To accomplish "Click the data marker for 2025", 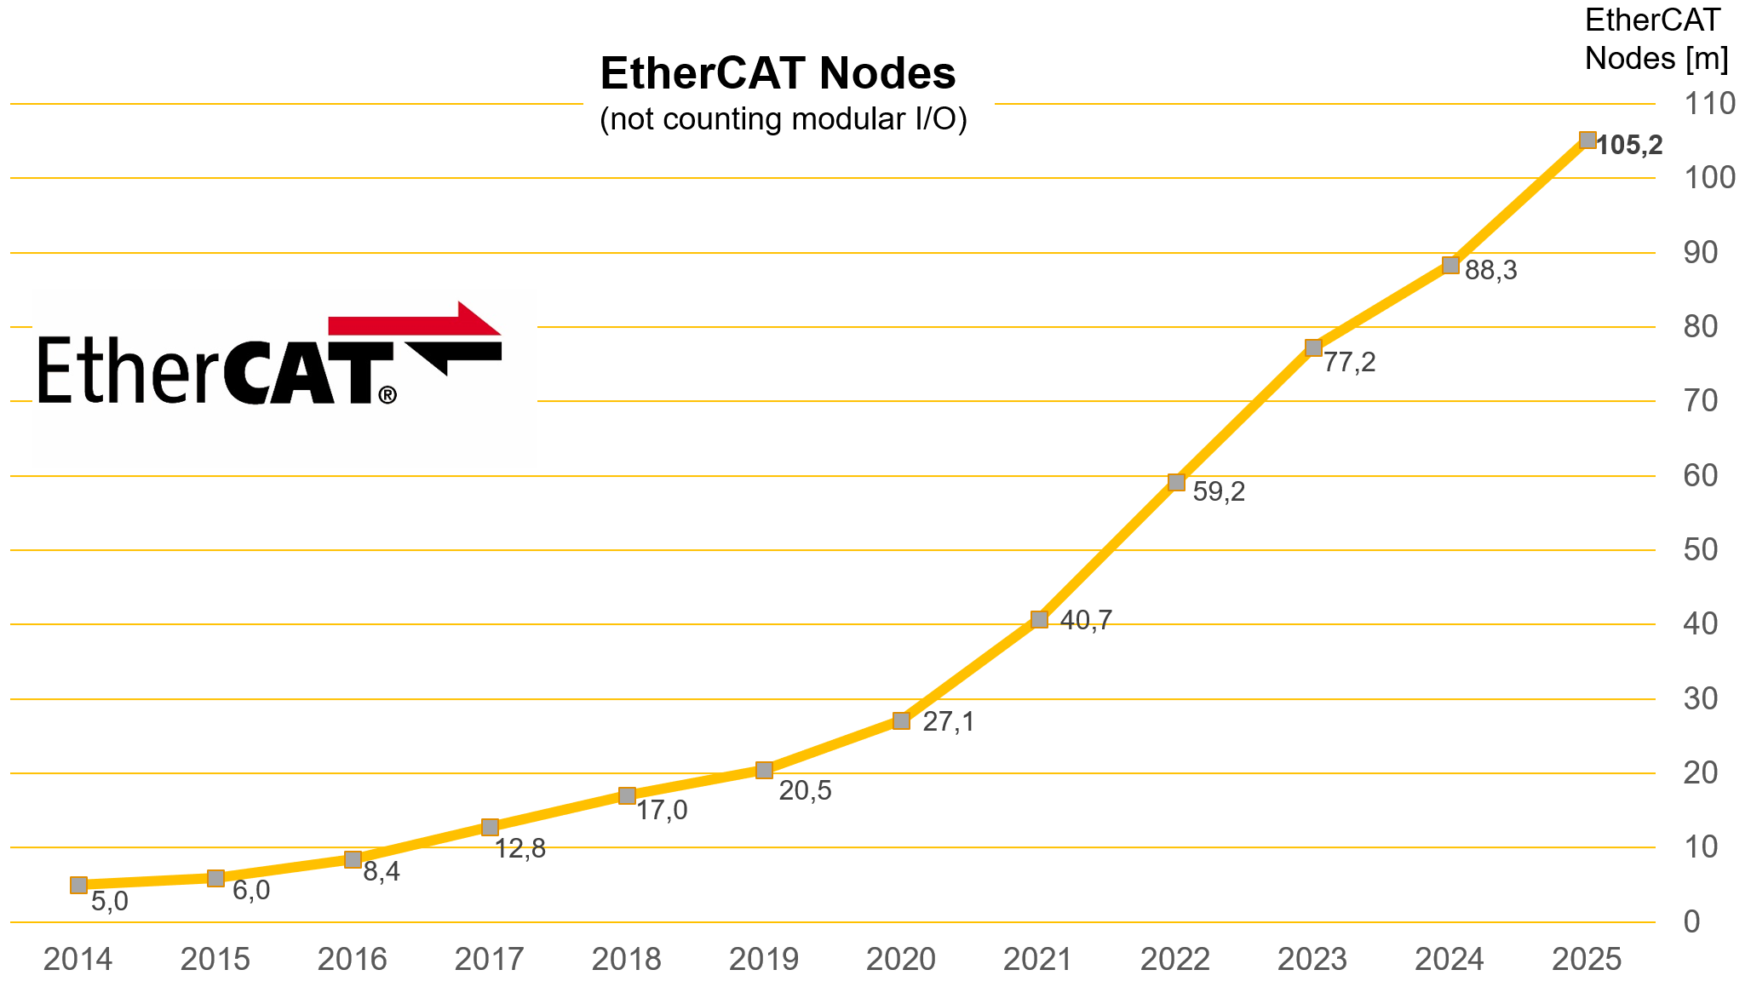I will click(1587, 141).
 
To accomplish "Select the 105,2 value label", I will click(1629, 146).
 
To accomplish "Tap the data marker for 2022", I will click(1176, 482).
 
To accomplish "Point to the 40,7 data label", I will click(1086, 621).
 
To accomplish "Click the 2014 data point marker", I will click(78, 885).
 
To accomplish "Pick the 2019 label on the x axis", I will click(764, 960).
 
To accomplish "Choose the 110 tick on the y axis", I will click(1710, 104).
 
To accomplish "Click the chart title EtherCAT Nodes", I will click(778, 73).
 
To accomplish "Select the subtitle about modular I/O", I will click(784, 119).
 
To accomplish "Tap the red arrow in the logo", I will click(415, 321).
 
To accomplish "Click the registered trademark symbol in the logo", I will click(388, 394).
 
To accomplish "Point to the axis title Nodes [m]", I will click(1656, 58).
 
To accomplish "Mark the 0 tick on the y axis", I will click(1692, 921).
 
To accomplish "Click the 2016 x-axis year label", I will click(353, 960).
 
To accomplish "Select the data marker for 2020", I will click(901, 721).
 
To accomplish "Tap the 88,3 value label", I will click(1491, 271).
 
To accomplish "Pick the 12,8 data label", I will click(520, 848).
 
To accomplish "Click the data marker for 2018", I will click(627, 795).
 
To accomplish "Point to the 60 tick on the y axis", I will click(1701, 475).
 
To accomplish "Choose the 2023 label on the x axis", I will click(1312, 960).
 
